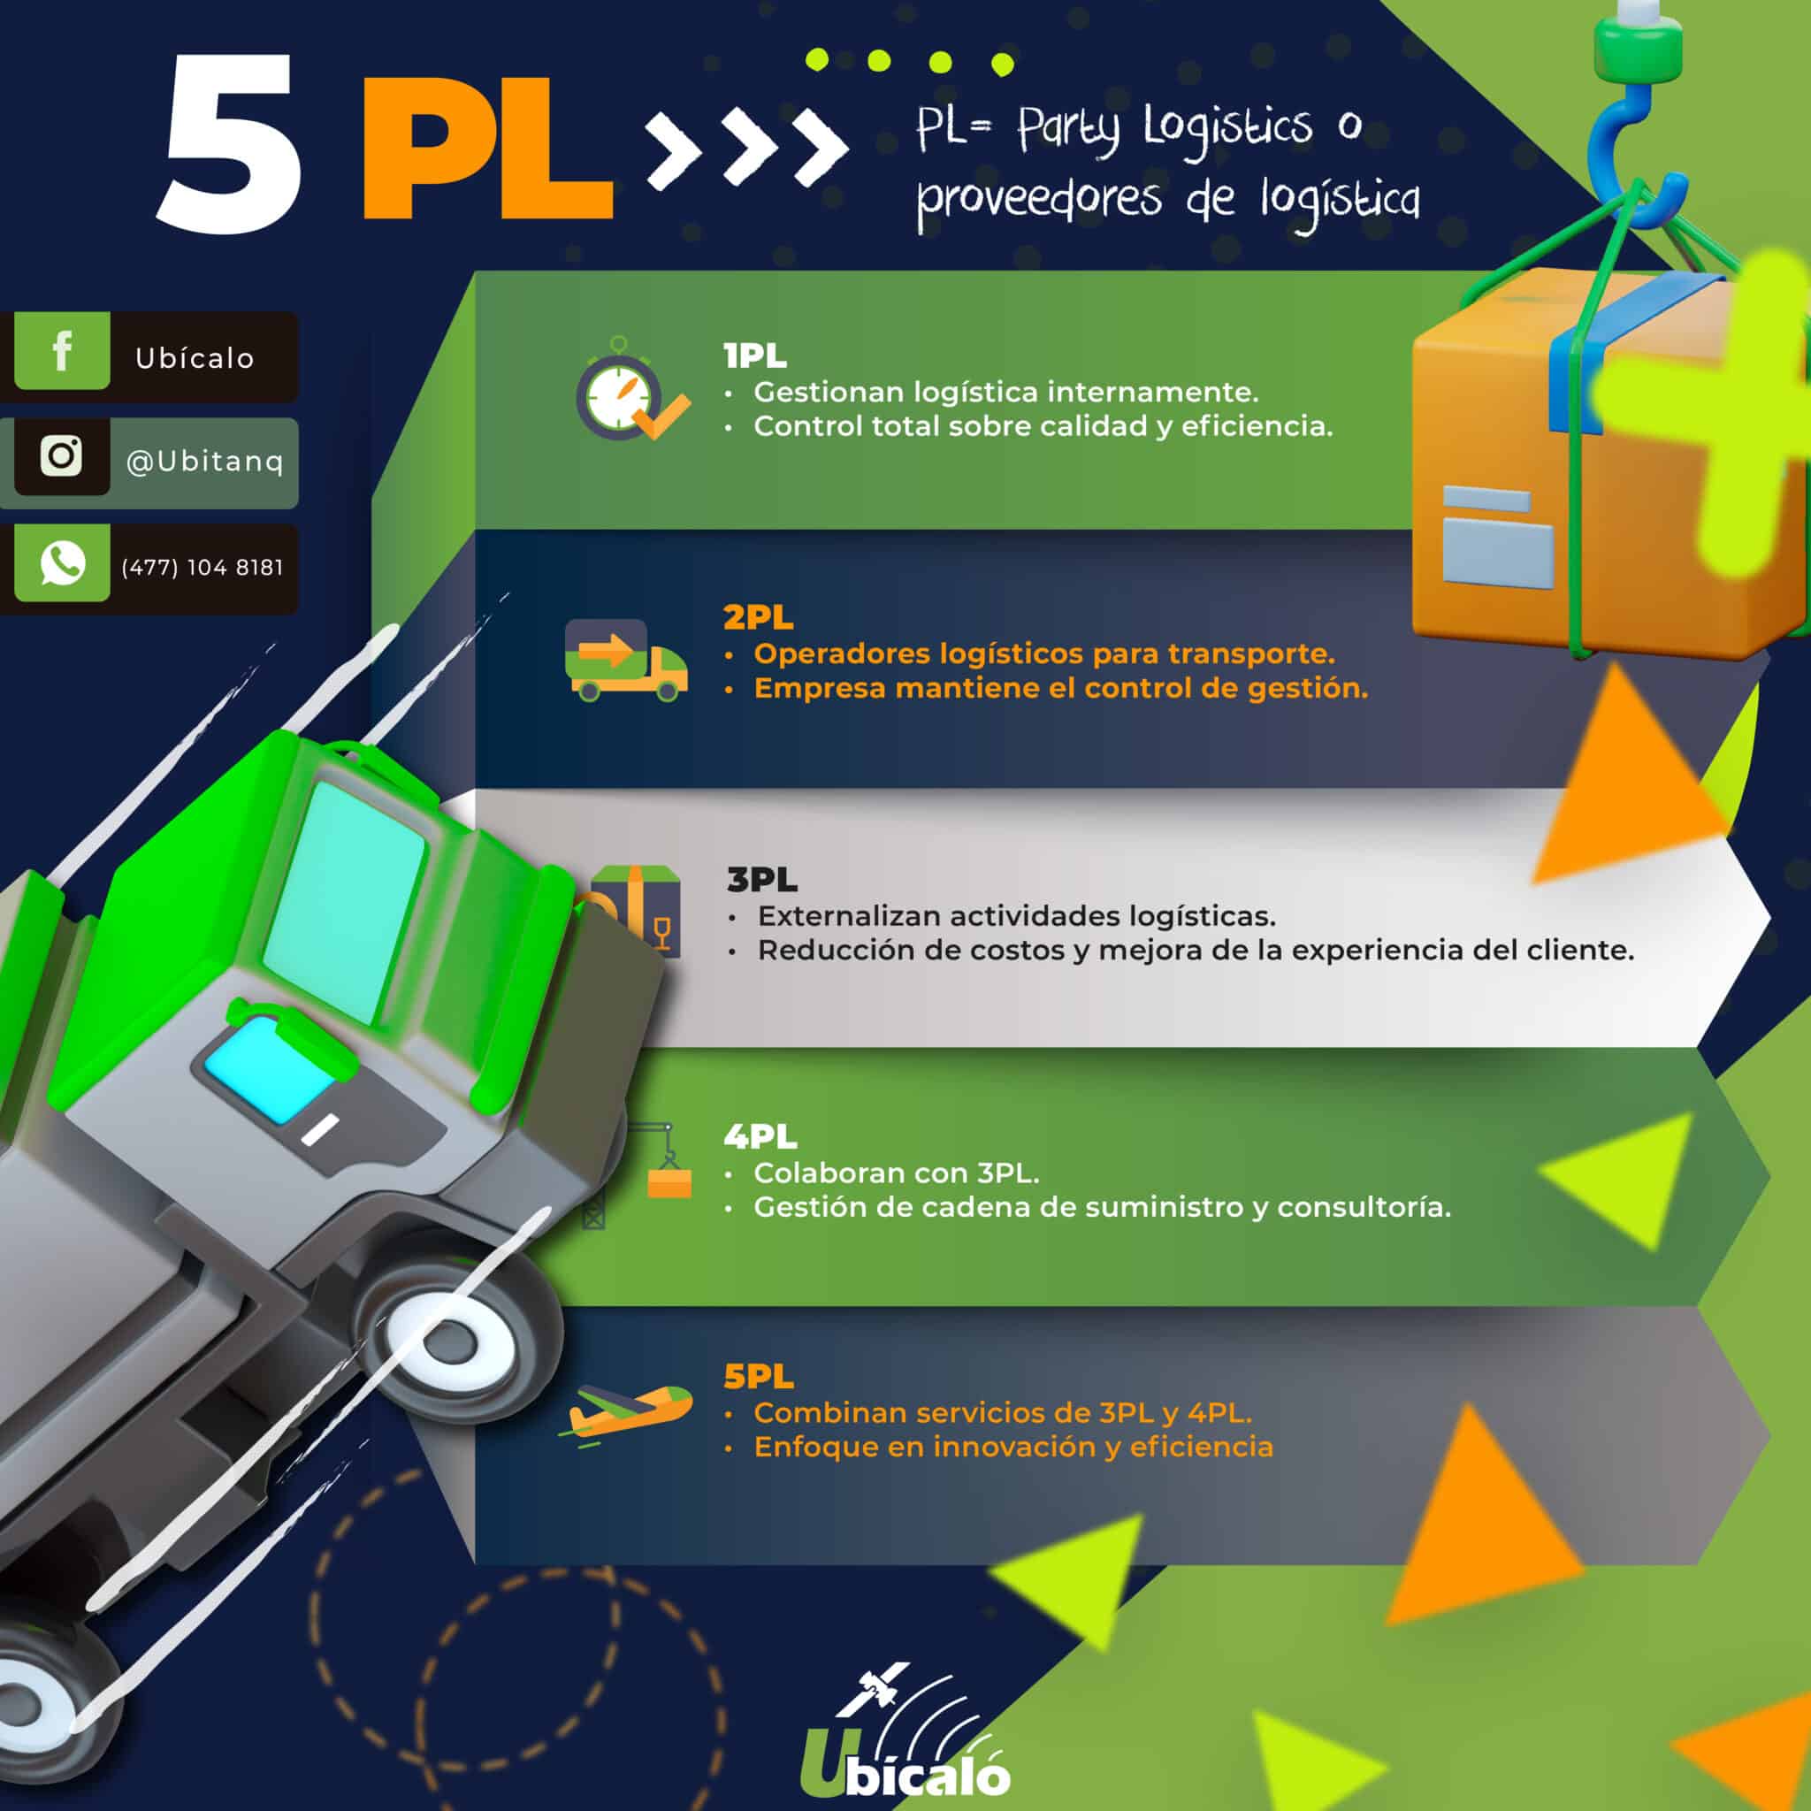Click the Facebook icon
tap(62, 352)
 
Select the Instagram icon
tap(62, 456)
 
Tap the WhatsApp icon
tap(62, 563)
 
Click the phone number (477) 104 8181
tap(202, 568)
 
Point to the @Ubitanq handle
tap(204, 462)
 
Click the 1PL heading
tap(754, 356)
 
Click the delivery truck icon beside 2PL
tap(625, 660)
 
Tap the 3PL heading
tap(761, 880)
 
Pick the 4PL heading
tap(760, 1137)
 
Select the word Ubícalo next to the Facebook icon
tap(195, 358)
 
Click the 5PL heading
tap(759, 1377)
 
